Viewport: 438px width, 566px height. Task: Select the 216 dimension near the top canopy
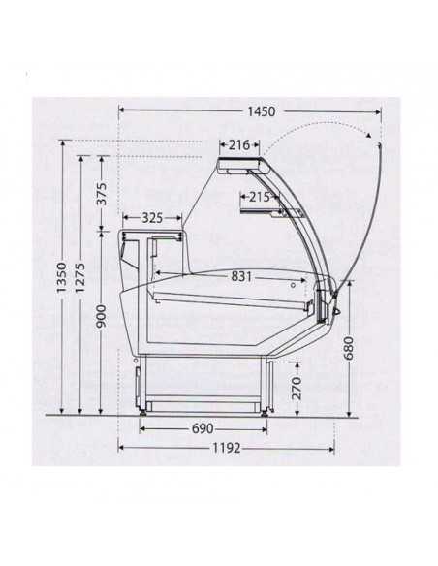click(x=239, y=145)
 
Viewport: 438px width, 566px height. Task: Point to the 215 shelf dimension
click(x=258, y=198)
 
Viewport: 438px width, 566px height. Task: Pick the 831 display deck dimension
click(x=243, y=276)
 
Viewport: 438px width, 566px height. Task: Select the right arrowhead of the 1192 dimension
click(x=330, y=449)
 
